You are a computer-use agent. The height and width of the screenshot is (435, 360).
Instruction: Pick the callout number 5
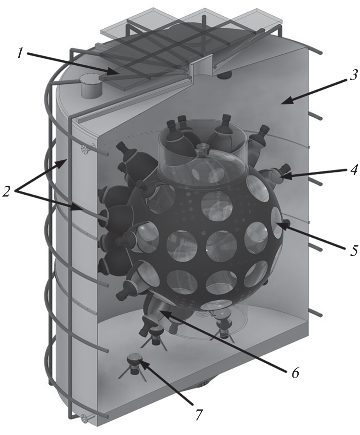(352, 249)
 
